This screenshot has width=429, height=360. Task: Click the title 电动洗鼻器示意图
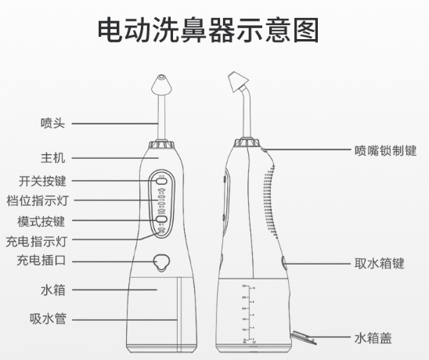[209, 31]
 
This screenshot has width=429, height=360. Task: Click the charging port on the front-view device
[161, 263]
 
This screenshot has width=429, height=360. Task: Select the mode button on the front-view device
[160, 220]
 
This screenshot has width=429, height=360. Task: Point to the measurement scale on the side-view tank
[249, 313]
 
